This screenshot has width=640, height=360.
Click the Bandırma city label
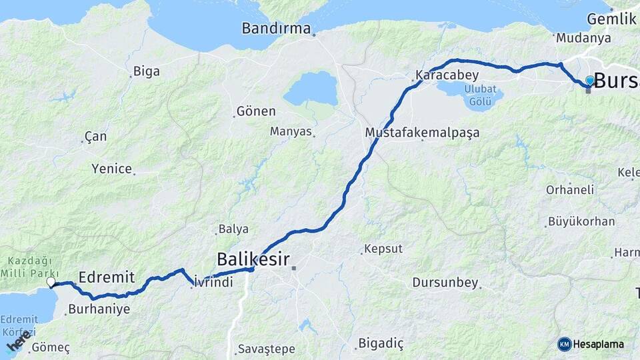276,29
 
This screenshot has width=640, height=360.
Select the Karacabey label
447,75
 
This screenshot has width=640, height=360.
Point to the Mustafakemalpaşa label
422,133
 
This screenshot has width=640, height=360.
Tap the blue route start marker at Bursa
589,81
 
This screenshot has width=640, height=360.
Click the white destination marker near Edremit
51,282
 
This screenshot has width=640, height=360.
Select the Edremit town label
107,277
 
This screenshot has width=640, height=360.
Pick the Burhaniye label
99,309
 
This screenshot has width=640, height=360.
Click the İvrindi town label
214,283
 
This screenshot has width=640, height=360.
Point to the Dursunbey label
445,283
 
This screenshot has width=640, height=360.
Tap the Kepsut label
384,249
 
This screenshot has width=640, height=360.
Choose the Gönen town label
256,111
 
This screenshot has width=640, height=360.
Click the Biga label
147,71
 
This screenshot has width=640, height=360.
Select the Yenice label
111,169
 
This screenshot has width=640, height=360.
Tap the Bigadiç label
381,343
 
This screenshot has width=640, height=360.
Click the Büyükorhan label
581,221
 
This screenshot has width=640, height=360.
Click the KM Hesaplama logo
591,344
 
